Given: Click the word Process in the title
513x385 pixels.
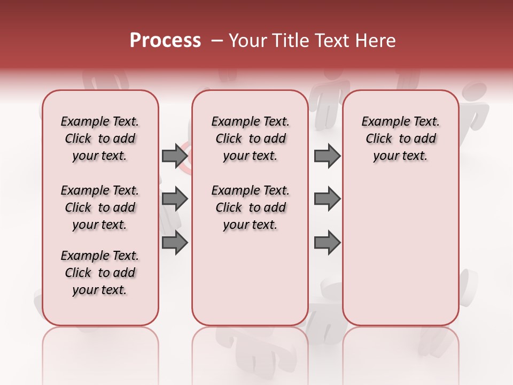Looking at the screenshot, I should (x=165, y=41).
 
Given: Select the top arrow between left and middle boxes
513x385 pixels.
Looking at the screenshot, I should (x=175, y=156).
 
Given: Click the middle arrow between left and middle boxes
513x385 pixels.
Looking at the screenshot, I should (x=175, y=199).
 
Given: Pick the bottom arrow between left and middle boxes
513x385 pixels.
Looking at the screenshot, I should (x=175, y=243).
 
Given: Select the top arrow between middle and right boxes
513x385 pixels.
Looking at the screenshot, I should (x=327, y=156).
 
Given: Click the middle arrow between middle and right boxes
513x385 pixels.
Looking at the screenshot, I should (x=327, y=199).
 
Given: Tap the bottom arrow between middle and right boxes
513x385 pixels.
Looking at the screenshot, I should (x=327, y=243).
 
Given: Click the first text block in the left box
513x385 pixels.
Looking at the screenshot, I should (x=100, y=138).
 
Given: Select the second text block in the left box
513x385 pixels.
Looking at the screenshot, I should (x=100, y=207).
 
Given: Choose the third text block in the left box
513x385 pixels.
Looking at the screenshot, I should (x=100, y=273).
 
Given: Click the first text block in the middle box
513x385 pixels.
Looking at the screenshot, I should (x=250, y=138).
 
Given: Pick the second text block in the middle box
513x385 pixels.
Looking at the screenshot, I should (x=250, y=207).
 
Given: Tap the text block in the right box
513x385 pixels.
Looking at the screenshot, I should (x=401, y=138).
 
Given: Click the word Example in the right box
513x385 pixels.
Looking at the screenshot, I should (x=383, y=122).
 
